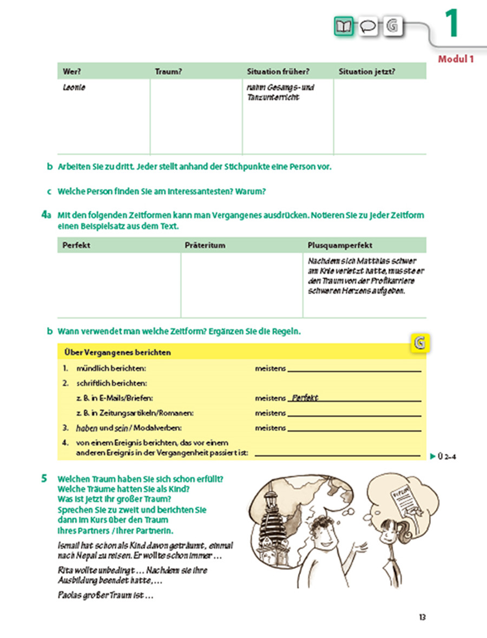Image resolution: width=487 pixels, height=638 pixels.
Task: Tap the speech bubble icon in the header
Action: pos(368,25)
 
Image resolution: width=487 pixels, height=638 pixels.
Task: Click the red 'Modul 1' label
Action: pos(456,59)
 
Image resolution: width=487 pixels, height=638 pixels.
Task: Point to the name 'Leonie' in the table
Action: pos(74,88)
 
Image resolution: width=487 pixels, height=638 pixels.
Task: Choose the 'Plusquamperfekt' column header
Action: pos(339,245)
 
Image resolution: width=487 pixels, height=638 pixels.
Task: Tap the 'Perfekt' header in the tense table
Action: pos(76,245)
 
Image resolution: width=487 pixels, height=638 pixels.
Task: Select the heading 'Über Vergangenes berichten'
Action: pos(117,352)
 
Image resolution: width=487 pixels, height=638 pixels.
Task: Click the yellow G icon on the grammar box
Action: pos(418,343)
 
